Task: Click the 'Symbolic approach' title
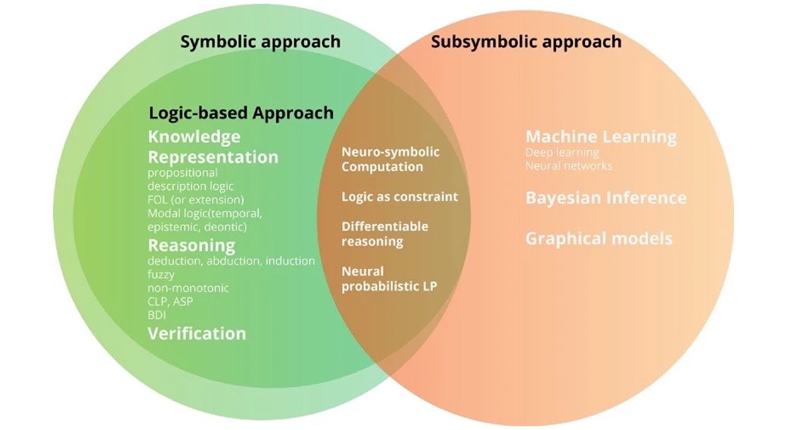(x=260, y=41)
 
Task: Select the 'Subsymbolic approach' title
(x=526, y=41)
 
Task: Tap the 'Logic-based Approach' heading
(x=241, y=113)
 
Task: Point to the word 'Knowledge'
(x=194, y=137)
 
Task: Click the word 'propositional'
(x=182, y=172)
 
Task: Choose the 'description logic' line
(x=191, y=186)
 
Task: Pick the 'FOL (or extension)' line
(x=196, y=200)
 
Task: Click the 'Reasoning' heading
(x=191, y=246)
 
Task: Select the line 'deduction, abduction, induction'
(x=232, y=261)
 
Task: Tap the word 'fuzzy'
(x=161, y=274)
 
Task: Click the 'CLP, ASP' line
(x=170, y=302)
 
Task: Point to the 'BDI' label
(x=157, y=315)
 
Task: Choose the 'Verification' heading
(x=197, y=333)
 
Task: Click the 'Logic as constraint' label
(x=400, y=196)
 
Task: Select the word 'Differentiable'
(x=384, y=227)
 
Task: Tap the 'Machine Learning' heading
(x=601, y=137)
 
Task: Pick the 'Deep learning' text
(x=561, y=153)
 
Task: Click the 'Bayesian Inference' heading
(x=606, y=198)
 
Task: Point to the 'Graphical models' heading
(x=599, y=239)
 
